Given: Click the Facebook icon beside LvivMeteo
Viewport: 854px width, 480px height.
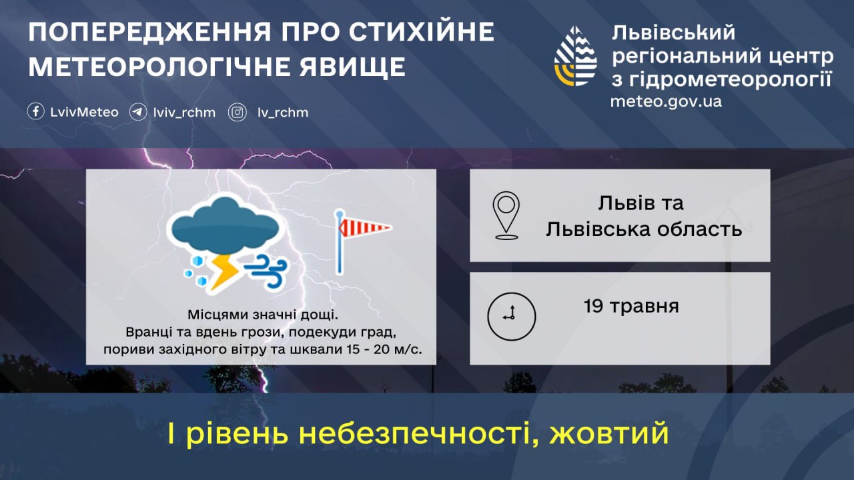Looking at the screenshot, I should tap(36, 112).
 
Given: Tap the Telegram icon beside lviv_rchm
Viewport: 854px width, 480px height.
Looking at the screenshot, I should tap(138, 112).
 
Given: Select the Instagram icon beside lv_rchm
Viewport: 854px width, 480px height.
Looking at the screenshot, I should tap(238, 112).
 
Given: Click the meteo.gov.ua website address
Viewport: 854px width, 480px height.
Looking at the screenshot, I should tap(666, 101).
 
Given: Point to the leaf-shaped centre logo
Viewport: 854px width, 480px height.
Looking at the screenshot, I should tap(575, 56).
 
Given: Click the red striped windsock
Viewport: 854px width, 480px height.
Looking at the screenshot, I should tap(364, 229).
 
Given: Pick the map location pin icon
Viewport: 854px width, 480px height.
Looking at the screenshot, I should tap(506, 215).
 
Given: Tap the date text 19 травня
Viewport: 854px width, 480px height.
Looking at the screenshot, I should tap(630, 307).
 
